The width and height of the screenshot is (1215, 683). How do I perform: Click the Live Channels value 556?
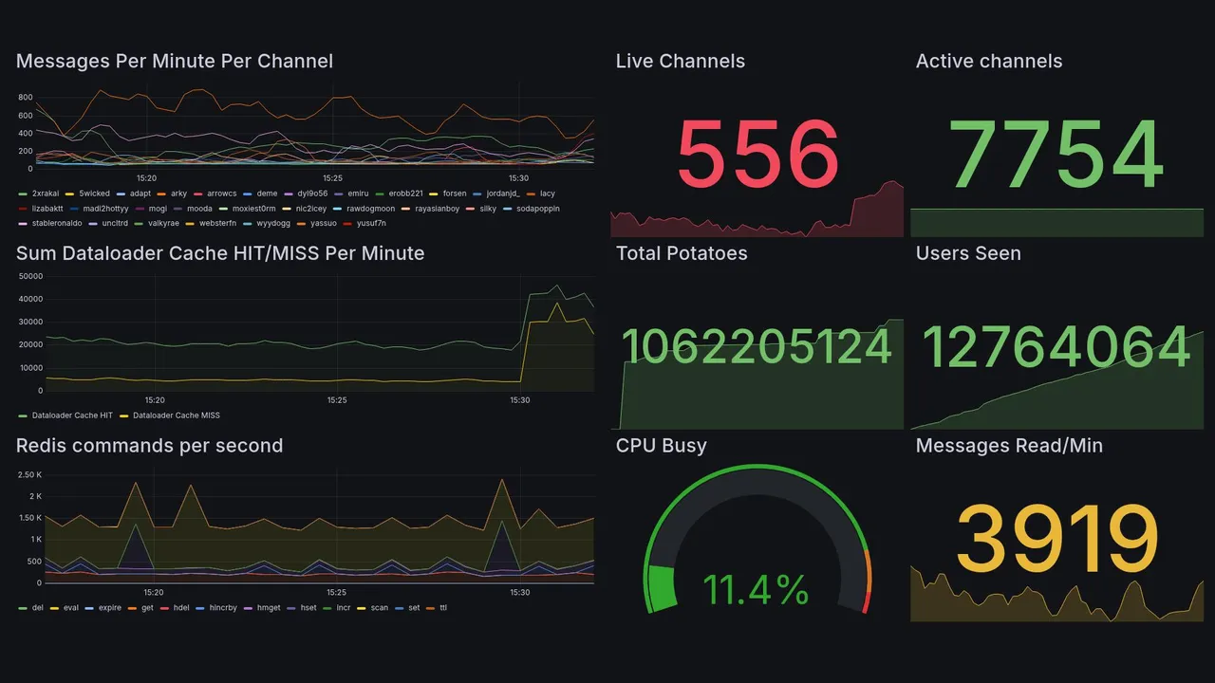point(757,155)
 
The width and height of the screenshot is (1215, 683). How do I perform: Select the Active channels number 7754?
point(1056,155)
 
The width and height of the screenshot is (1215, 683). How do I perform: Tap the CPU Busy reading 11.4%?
point(756,590)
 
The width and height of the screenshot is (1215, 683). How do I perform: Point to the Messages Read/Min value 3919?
point(1056,538)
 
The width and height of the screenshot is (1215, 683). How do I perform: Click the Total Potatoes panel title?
point(682,253)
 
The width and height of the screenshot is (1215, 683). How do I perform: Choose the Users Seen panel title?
point(968,253)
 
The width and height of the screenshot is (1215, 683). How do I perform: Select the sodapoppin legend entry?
point(537,209)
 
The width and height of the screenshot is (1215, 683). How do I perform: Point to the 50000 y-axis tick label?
point(30,276)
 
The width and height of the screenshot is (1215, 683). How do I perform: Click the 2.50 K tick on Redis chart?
point(30,474)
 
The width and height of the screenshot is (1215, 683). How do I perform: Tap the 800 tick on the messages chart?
point(25,98)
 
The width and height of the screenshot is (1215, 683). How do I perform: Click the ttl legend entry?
point(443,607)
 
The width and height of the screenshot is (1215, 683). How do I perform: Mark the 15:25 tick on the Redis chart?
point(337,592)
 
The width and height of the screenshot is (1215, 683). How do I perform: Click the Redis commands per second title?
point(149,446)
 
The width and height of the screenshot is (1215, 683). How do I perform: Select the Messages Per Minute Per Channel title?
point(175,62)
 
